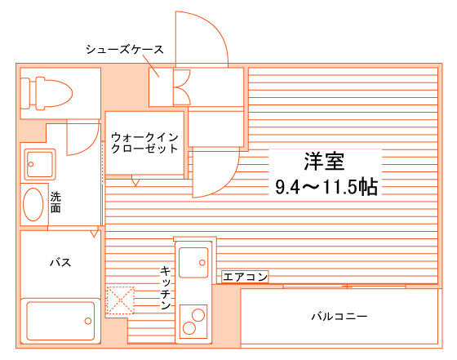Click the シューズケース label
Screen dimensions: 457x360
[x=125, y=50]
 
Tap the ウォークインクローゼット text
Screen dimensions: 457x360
[x=144, y=143]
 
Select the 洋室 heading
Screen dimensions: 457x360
[x=325, y=162]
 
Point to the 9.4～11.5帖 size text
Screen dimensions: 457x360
[x=326, y=187]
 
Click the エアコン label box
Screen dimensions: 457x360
[x=245, y=277]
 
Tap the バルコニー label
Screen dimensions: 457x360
[x=339, y=316]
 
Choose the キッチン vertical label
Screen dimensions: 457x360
[x=165, y=287]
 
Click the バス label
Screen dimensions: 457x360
[x=60, y=262]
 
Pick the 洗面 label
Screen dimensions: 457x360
[x=55, y=202]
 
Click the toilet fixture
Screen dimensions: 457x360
[x=47, y=93]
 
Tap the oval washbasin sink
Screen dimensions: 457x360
[x=33, y=204]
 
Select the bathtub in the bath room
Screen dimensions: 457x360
[x=60, y=321]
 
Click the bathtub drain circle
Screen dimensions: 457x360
[x=88, y=321]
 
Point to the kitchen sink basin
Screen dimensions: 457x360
[x=193, y=262]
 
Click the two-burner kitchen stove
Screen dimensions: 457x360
[x=193, y=322]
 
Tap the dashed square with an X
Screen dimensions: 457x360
[x=120, y=300]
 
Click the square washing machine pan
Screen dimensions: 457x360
[x=40, y=164]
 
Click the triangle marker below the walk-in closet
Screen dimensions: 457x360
[x=135, y=183]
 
